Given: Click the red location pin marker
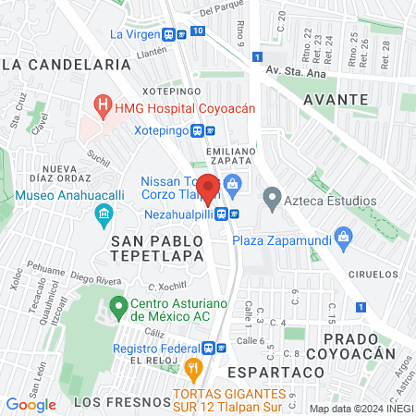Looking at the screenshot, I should coord(209,188).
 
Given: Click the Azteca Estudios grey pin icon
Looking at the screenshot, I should coord(273,197).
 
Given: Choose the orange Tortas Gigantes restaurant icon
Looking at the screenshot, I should coord(194,371).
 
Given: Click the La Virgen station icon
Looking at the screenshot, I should coord(169,33).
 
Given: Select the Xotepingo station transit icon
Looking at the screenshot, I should coord(198,131).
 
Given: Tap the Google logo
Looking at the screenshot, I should coord(31,404).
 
